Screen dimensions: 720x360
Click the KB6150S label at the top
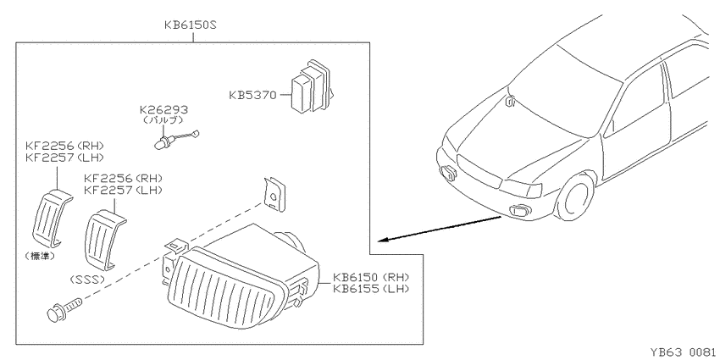pos(190,25)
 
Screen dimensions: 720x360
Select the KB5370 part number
pos(252,96)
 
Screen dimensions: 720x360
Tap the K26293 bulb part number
pos(164,110)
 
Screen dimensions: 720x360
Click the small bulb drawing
pos(176,139)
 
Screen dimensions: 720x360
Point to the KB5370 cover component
pos(311,86)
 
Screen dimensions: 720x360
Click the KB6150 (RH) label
pos(371,277)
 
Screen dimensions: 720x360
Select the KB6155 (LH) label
pos(371,289)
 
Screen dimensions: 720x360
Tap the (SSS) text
pos(87,280)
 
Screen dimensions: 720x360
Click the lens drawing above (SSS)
pos(105,239)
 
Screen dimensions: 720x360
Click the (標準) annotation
pos(40,257)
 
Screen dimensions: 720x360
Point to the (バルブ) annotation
pos(163,120)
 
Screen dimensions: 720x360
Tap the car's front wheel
pos(575,196)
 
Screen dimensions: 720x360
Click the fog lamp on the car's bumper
pos(520,210)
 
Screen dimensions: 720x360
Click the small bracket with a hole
pos(274,195)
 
